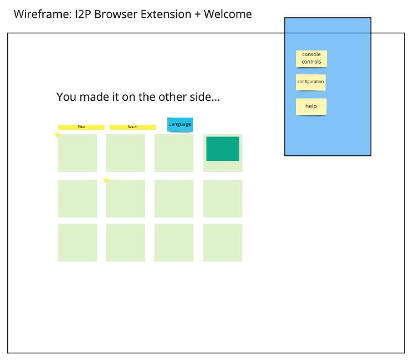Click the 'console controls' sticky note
click(311, 58)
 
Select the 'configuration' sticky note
click(310, 82)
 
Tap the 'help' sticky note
click(311, 107)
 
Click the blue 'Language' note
click(180, 124)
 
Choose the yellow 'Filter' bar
click(81, 128)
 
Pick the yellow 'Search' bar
click(132, 128)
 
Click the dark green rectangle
click(223, 149)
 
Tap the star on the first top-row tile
click(58, 135)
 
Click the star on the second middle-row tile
click(106, 180)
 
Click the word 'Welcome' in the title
click(228, 14)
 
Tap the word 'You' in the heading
click(66, 97)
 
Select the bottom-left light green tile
click(77, 242)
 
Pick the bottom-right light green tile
click(223, 242)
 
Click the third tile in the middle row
click(174, 198)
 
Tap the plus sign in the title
click(197, 14)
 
